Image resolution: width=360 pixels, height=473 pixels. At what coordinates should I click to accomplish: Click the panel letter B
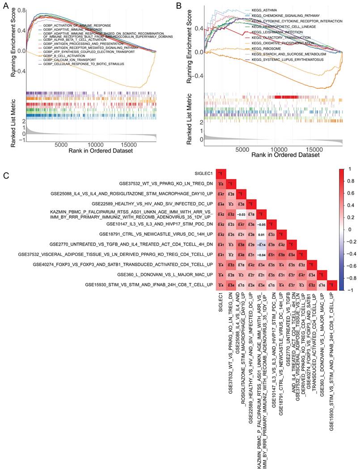tap(179, 6)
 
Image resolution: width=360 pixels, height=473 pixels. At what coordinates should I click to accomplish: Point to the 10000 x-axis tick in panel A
tap(95, 145)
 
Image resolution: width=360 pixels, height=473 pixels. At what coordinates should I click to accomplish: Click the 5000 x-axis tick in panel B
tap(242, 149)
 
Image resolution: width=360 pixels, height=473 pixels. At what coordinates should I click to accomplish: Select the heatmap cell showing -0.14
tap(258, 244)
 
